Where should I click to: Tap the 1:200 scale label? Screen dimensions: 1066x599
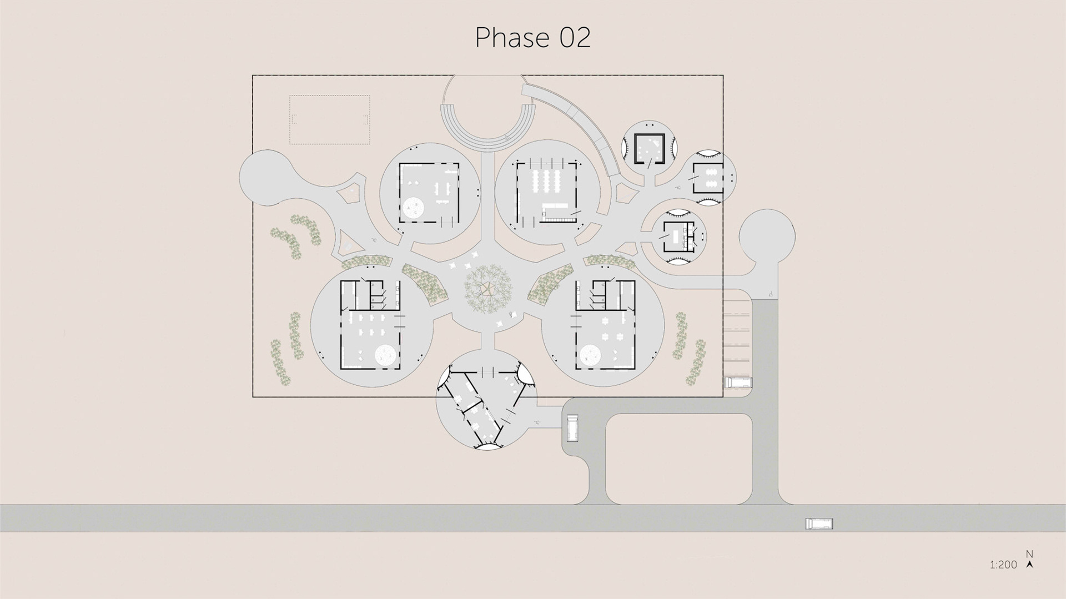coord(1003,565)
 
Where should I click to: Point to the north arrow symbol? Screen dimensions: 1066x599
coord(1030,565)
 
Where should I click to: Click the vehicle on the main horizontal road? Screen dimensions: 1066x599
coord(819,524)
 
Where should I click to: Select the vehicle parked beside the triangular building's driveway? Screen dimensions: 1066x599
coord(571,427)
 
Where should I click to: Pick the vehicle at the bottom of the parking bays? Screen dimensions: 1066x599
coord(738,382)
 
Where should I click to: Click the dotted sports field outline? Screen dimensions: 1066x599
coord(330,120)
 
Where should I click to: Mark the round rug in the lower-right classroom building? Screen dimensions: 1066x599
coord(591,355)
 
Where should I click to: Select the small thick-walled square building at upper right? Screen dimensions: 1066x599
coord(649,148)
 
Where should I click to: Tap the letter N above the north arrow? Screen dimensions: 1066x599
coord(1029,554)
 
